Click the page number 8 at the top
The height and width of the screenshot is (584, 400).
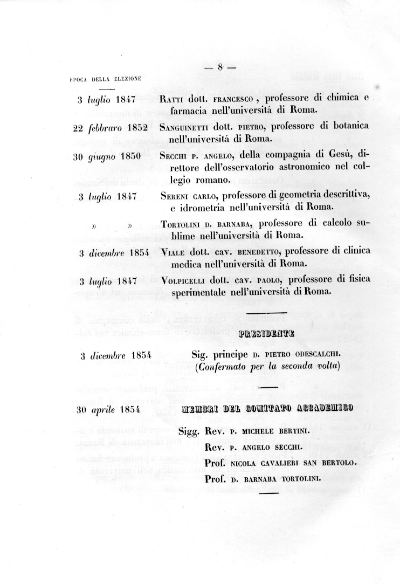tap(220, 67)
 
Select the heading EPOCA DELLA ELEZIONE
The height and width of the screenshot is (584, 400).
tap(106, 79)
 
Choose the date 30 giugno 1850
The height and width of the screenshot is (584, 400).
tap(107, 156)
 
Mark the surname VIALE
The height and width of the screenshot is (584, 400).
tap(174, 252)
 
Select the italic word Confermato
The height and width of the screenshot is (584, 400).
tap(220, 367)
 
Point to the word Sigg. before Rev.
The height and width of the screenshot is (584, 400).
tap(190, 432)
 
